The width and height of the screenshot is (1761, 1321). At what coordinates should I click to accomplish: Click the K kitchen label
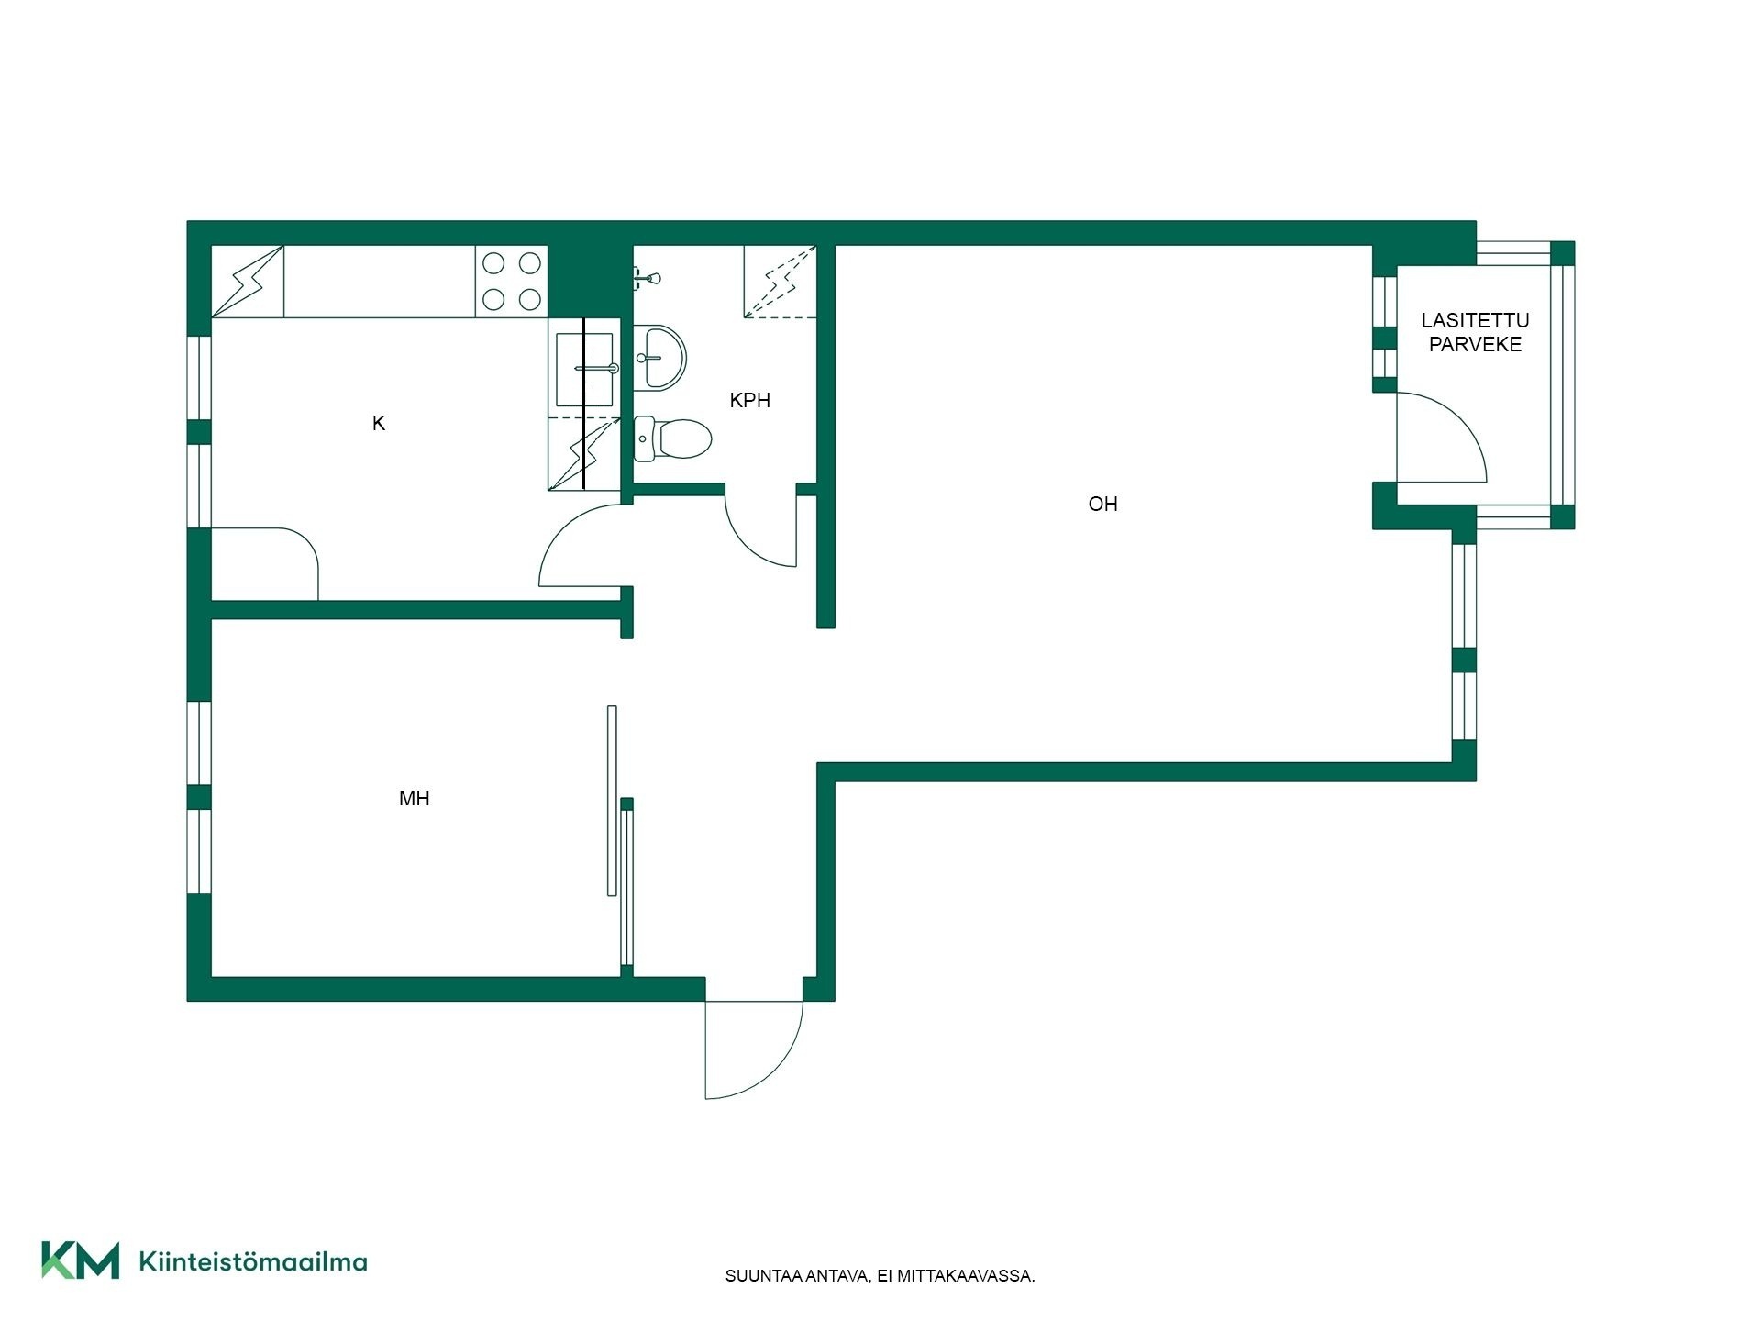pos(379,424)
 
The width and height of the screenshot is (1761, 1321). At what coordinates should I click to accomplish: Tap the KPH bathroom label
pos(749,401)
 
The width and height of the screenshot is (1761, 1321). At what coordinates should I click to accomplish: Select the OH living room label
pos(1102,505)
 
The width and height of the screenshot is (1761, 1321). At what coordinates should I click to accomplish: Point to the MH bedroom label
pos(415,799)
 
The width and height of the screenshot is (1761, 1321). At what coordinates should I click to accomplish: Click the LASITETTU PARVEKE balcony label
pos(1475,333)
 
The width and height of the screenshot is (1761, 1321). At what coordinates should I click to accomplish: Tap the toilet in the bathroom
pos(673,438)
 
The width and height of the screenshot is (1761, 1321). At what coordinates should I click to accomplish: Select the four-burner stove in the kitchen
pos(511,282)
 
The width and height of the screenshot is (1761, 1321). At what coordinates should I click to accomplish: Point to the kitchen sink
pos(585,370)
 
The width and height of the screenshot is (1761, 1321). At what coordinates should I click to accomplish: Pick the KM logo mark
pos(80,1260)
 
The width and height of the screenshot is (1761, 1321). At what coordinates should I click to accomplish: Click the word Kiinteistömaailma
pos(252,1261)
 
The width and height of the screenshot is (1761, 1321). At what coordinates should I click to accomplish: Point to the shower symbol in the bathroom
pos(780,282)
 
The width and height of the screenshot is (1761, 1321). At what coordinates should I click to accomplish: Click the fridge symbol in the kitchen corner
pos(248,282)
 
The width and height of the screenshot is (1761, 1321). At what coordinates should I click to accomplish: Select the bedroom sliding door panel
pos(612,800)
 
